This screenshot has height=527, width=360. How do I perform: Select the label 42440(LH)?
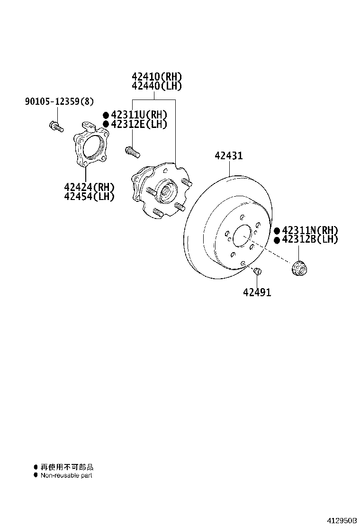(x=157, y=86)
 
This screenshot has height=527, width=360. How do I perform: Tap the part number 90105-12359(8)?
(x=59, y=101)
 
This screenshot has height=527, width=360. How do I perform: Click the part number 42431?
(x=228, y=155)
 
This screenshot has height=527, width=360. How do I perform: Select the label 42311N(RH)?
(x=310, y=231)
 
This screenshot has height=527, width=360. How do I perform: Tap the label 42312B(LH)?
(x=310, y=240)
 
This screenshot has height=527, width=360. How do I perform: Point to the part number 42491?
(x=257, y=293)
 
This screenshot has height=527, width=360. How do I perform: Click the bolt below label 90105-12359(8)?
(x=55, y=127)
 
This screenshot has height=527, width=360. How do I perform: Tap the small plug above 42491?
(x=258, y=271)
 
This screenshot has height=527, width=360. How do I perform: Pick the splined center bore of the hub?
(x=167, y=191)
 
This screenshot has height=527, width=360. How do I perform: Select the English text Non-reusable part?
(x=66, y=475)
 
